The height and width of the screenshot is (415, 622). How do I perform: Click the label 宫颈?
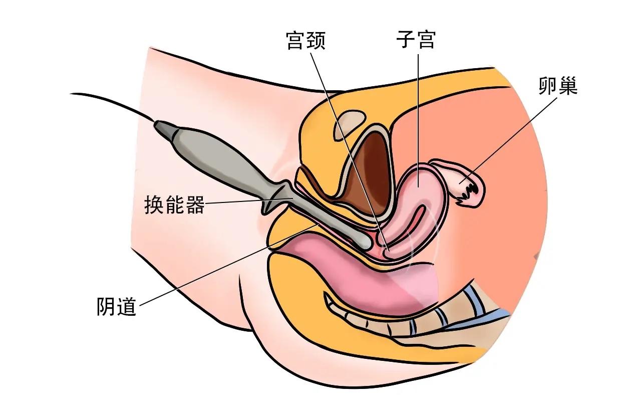305,41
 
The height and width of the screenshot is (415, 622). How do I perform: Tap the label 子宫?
414,41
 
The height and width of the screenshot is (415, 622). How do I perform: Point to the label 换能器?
174,205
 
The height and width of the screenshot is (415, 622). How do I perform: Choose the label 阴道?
116,306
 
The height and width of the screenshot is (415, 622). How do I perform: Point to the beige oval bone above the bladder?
349,121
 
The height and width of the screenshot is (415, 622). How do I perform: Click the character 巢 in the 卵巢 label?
568,87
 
